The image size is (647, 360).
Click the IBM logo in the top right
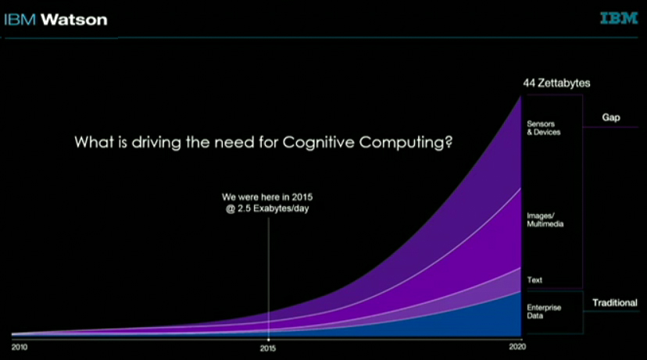point(620,19)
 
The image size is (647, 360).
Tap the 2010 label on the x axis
point(20,347)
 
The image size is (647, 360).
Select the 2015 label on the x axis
point(268,347)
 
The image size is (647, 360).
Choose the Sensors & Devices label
point(544,127)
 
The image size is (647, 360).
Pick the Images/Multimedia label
point(545,219)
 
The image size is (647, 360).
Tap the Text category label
point(534,280)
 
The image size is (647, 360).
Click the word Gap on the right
point(610,117)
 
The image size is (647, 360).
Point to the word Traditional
point(614,302)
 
